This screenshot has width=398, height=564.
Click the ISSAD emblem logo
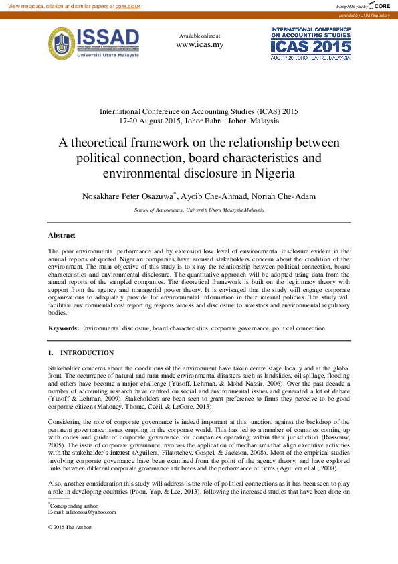(61, 44)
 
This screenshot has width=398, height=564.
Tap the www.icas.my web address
(199, 44)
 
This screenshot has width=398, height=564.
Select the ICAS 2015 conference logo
(310, 44)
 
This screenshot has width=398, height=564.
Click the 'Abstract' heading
(62, 236)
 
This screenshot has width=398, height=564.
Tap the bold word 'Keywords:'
(64, 328)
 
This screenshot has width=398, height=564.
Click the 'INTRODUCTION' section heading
(87, 353)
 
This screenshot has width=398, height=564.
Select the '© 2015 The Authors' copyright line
(70, 527)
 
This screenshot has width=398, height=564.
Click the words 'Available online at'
(199, 35)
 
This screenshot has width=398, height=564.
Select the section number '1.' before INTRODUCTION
(51, 353)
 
